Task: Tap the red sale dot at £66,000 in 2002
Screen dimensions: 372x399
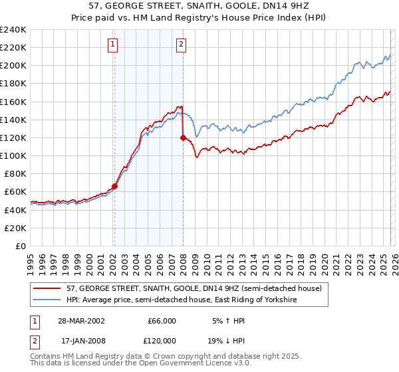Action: point(114,187)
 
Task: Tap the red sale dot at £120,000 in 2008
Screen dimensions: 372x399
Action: point(183,138)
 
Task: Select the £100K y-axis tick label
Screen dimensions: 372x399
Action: point(13,155)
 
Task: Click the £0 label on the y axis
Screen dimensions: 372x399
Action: point(20,246)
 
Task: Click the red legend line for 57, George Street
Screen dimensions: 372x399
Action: point(48,289)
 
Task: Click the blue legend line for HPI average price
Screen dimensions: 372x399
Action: point(48,300)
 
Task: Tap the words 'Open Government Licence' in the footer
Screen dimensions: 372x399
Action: point(185,363)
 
